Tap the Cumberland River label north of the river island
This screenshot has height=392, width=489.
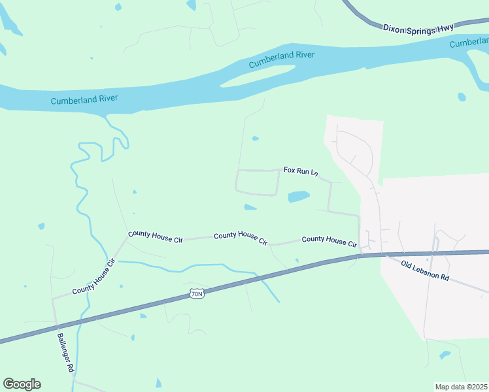282,60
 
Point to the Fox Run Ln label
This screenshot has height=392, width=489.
300,171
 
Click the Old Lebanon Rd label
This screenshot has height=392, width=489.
425,271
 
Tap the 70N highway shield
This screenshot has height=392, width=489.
197,294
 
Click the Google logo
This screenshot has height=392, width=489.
22,384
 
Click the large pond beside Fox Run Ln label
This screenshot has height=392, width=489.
298,196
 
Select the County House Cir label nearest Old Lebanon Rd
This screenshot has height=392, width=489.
329,242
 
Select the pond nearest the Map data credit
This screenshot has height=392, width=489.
445,355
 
